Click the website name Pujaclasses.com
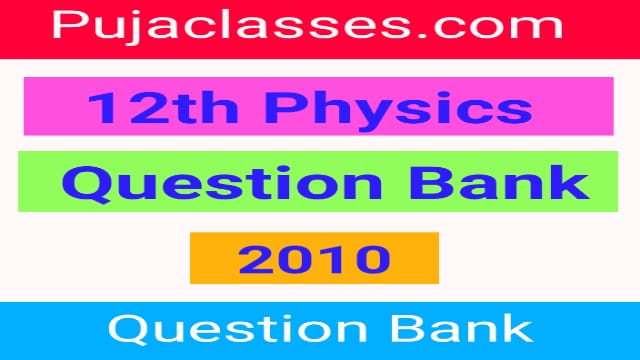pos(318,28)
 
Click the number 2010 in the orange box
pos(314,259)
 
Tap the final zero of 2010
pos(372,259)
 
